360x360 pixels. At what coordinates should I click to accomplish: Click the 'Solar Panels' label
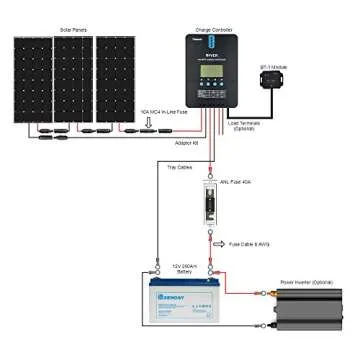(x=73, y=30)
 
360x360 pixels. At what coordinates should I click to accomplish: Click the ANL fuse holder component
(x=211, y=204)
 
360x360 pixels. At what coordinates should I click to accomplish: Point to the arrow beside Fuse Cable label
(x=223, y=244)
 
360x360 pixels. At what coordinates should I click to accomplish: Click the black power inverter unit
(x=310, y=314)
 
